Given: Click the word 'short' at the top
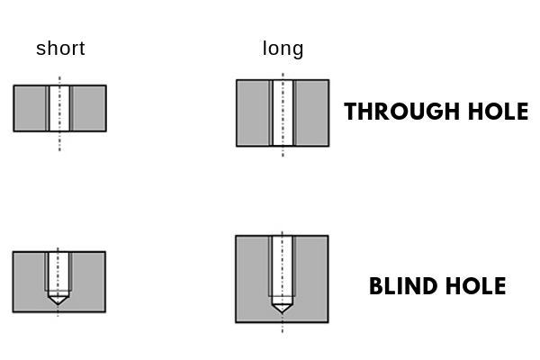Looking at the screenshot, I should point(60,49).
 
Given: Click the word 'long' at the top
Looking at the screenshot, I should point(283,49).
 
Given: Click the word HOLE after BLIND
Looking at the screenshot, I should point(473,287).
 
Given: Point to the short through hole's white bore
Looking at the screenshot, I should point(59,108).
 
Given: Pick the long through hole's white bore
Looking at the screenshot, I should point(283,112).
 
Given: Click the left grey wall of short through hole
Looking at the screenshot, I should point(31,108).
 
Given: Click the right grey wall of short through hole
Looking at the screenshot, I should point(88,108).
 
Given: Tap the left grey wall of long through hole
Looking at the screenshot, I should point(253,112).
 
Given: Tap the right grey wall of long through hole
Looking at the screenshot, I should point(311,112).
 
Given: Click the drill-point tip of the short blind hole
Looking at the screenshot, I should point(58,303).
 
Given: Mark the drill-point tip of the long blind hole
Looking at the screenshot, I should point(282,311).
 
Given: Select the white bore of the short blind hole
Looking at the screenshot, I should point(58,270).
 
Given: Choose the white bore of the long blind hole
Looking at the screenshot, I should point(282,265).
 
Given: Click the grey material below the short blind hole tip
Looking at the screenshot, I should point(58,308).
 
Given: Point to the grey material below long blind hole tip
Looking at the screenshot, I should point(282,318).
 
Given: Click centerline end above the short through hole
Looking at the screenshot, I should point(59,76).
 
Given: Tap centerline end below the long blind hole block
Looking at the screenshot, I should point(282,332).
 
